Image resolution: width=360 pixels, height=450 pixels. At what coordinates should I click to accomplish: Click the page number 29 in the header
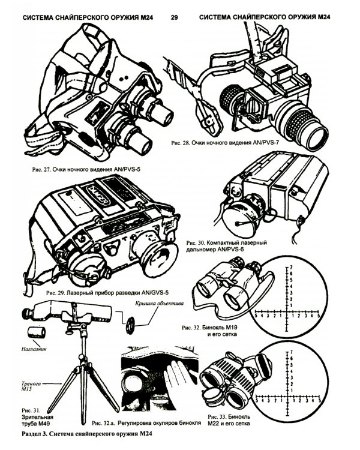(x=174, y=19)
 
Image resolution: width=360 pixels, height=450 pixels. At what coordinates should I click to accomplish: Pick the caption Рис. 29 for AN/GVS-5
(x=103, y=290)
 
